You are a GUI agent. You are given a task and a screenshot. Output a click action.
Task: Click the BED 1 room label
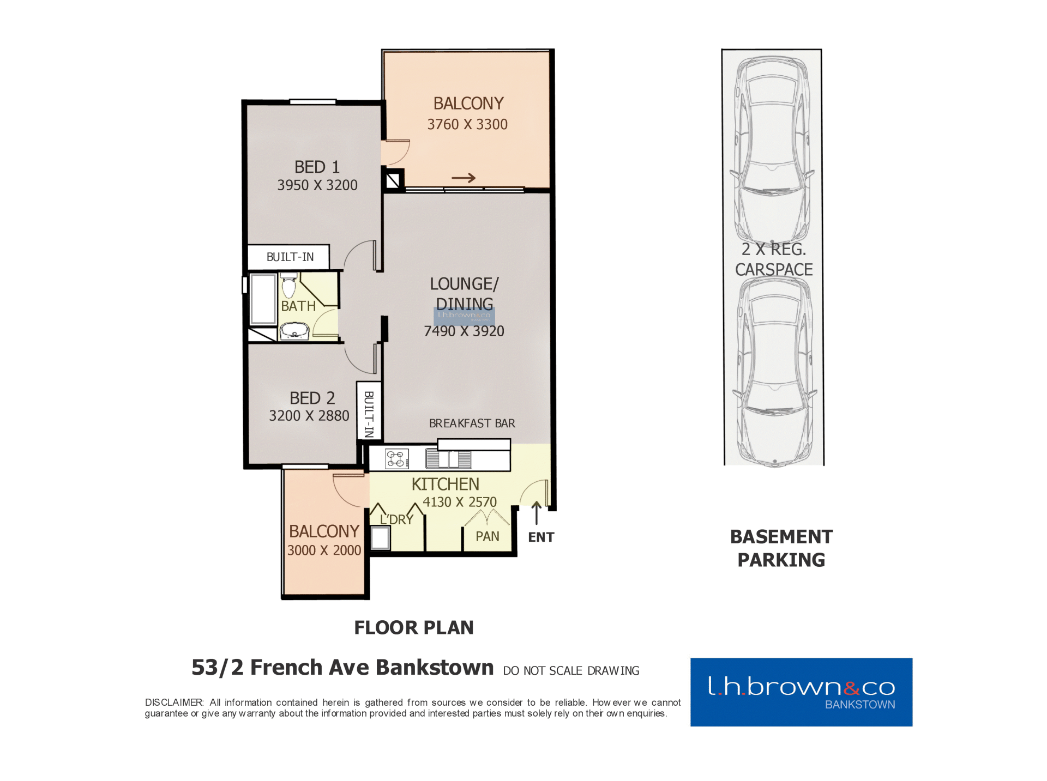click(x=317, y=167)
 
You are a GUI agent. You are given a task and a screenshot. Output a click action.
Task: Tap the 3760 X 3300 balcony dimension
click(x=467, y=125)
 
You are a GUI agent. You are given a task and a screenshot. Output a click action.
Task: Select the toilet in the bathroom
click(x=288, y=286)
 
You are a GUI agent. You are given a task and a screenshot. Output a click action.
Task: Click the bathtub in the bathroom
click(x=263, y=299)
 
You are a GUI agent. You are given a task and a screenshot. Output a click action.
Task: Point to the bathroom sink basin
click(x=294, y=330)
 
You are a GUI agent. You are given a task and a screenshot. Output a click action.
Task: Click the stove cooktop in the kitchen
click(x=396, y=459)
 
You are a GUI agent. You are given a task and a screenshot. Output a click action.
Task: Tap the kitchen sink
click(x=448, y=459)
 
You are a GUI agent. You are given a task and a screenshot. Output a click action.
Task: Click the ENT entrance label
click(x=541, y=537)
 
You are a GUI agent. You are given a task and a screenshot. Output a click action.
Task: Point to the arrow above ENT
click(x=537, y=513)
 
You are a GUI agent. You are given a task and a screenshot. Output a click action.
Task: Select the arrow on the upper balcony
click(x=464, y=178)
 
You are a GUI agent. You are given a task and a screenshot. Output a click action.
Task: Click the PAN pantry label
click(x=488, y=537)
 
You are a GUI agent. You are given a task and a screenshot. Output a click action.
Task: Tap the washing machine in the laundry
click(x=381, y=538)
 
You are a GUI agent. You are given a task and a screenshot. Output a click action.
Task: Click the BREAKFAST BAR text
click(x=472, y=423)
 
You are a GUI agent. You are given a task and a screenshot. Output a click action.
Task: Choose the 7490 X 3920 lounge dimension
click(x=464, y=331)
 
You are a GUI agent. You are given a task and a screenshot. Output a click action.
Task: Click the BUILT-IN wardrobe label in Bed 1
click(x=290, y=257)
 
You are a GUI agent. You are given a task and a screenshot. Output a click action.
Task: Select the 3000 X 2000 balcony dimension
click(x=324, y=550)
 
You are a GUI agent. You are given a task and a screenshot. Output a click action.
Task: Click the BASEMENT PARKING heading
click(x=781, y=548)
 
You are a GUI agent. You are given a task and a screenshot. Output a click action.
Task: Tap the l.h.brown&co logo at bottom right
click(x=801, y=692)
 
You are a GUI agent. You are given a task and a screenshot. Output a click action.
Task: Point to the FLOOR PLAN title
click(x=414, y=628)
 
